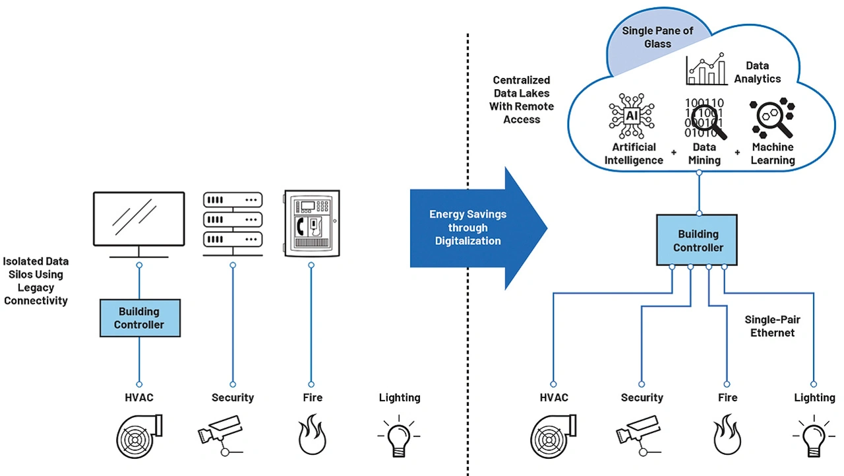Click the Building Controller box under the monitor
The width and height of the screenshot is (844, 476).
pyautogui.click(x=139, y=318)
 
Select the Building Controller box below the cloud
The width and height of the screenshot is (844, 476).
pyautogui.click(x=698, y=240)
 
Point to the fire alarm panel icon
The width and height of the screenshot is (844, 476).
pyautogui.click(x=311, y=222)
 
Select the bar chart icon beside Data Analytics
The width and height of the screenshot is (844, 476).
pyautogui.click(x=706, y=69)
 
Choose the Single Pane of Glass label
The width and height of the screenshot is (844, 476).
pyautogui.click(x=657, y=38)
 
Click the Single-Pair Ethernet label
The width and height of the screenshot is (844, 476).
pyautogui.click(x=773, y=326)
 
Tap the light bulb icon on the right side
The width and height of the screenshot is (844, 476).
pyautogui.click(x=814, y=436)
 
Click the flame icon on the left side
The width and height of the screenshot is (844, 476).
pyautogui.click(x=312, y=435)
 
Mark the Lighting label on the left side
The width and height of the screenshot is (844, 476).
pyautogui.click(x=400, y=397)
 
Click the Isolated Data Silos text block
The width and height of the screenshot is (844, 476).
pyautogui.click(x=36, y=281)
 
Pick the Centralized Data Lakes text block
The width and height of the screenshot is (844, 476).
pyautogui.click(x=522, y=100)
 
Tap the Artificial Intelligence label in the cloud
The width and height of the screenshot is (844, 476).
pyautogui.click(x=634, y=154)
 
